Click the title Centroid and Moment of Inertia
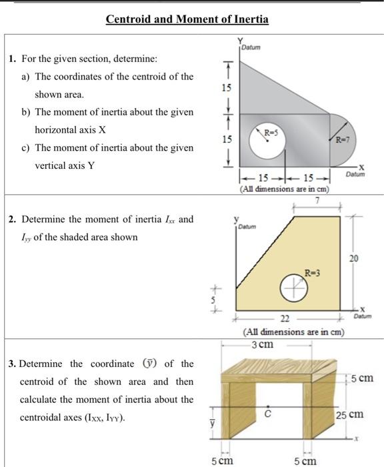coord(187,19)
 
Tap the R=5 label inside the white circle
coord(269,132)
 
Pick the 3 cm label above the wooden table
coord(262,344)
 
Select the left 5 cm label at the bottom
coord(222,460)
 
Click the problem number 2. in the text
coord(13,219)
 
